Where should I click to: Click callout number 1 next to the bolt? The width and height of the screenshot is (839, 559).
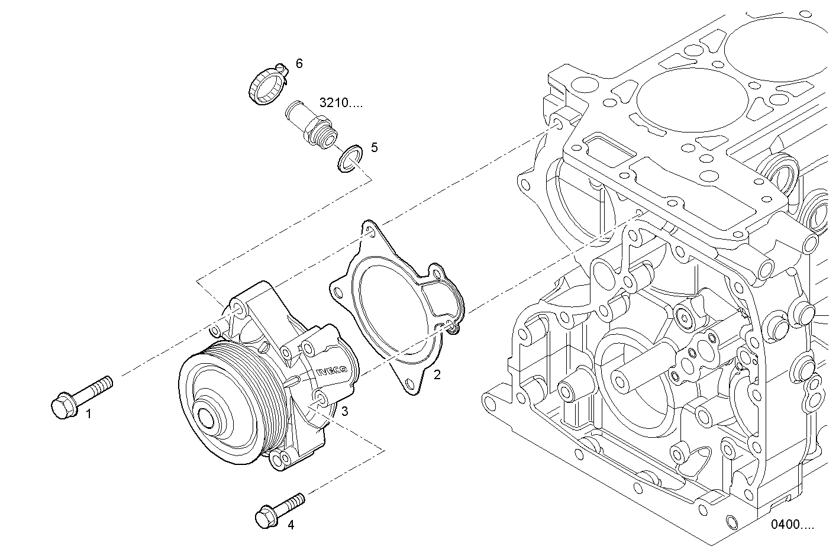(x=89, y=414)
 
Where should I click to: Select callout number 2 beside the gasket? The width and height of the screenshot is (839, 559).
(x=437, y=374)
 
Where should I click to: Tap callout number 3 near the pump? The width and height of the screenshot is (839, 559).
(x=344, y=411)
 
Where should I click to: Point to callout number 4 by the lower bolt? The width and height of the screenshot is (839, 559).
(x=290, y=524)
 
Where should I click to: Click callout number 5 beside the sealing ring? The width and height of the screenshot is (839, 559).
(x=374, y=147)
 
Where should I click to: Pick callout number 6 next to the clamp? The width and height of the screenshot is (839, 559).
(x=299, y=63)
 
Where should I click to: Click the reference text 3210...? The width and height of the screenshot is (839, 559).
(x=341, y=102)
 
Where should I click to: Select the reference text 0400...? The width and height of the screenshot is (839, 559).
(x=792, y=524)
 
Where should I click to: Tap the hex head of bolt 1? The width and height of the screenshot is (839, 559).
(x=61, y=407)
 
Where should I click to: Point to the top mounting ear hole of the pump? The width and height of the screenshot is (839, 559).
(x=237, y=308)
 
